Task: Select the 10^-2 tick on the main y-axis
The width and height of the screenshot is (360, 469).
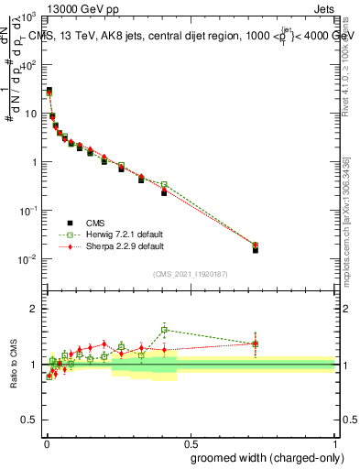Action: point(29,259)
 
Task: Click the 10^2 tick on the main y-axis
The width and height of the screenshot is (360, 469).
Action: point(29,66)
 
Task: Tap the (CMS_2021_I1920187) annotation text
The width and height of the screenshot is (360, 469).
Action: point(191,273)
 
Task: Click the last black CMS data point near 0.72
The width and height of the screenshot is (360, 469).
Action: point(255,249)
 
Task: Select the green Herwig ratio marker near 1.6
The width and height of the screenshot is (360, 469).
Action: point(164,330)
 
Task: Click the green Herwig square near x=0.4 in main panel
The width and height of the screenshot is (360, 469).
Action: point(164,184)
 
